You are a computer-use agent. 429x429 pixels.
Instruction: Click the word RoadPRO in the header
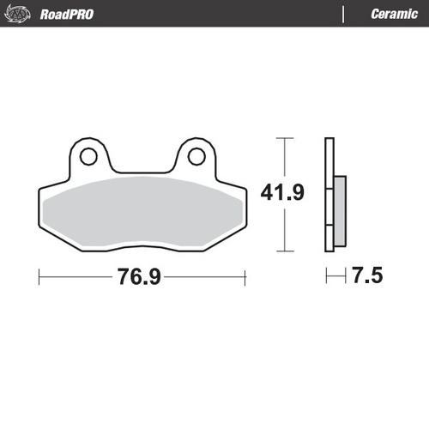pyautogui.click(x=67, y=14)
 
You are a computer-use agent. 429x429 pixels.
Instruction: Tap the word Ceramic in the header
pyautogui.click(x=394, y=14)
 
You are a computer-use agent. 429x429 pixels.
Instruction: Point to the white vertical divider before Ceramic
pyautogui.click(x=344, y=14)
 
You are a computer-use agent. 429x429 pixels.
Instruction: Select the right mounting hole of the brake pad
pyautogui.click(x=196, y=156)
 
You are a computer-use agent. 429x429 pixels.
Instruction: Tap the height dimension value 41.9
pyautogui.click(x=282, y=193)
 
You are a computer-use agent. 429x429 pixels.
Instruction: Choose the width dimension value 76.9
pyautogui.click(x=142, y=277)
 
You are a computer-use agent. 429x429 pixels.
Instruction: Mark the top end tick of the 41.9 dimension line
pyautogui.click(x=284, y=137)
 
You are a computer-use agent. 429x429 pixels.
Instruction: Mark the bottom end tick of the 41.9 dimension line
pyautogui.click(x=284, y=252)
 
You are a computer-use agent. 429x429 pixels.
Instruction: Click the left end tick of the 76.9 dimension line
pyautogui.click(x=40, y=277)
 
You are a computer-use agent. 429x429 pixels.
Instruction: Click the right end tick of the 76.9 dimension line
pyautogui.click(x=245, y=277)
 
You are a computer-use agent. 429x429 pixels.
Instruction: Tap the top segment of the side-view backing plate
pyautogui.click(x=329, y=159)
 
